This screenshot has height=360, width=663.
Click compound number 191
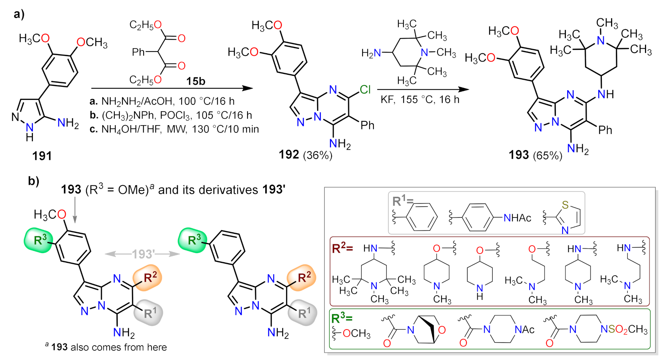[42, 156]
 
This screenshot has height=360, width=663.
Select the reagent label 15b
[196, 81]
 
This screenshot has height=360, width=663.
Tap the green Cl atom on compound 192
[365, 90]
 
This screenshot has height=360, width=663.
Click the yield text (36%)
[317, 155]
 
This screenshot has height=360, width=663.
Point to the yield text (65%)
[547, 156]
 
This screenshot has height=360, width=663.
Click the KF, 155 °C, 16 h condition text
[420, 100]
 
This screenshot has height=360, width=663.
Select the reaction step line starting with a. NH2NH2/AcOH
[162, 101]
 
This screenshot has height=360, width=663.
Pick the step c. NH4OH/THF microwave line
[174, 129]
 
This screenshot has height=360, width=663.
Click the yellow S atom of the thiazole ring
[565, 205]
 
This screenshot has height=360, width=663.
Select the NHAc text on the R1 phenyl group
[517, 218]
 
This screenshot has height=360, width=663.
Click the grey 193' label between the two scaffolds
[143, 254]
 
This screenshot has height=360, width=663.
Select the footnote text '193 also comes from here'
[109, 347]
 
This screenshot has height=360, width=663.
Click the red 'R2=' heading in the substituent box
[342, 248]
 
